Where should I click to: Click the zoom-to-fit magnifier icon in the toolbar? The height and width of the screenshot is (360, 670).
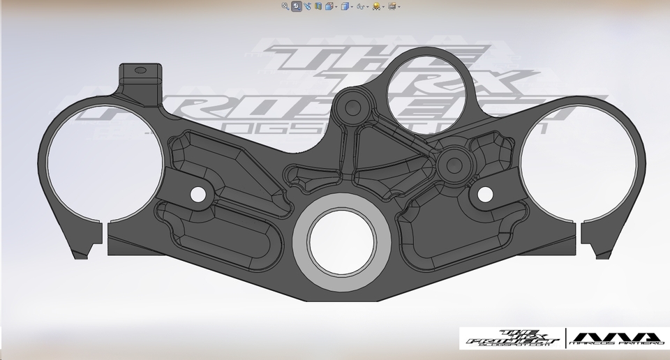pyautogui.click(x=285, y=6)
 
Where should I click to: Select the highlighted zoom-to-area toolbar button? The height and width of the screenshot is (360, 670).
pyautogui.click(x=297, y=6)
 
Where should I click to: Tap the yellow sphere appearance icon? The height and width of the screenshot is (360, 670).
pyautogui.click(x=377, y=6)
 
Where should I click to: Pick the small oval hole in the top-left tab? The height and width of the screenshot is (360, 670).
pyautogui.click(x=140, y=70)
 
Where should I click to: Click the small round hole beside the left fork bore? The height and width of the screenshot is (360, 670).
pyautogui.click(x=198, y=194)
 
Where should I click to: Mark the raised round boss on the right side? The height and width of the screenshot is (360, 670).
pyautogui.click(x=453, y=165)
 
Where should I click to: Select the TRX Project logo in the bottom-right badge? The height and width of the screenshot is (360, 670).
pyautogui.click(x=512, y=338)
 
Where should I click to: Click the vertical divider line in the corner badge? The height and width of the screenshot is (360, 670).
pyautogui.click(x=565, y=338)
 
